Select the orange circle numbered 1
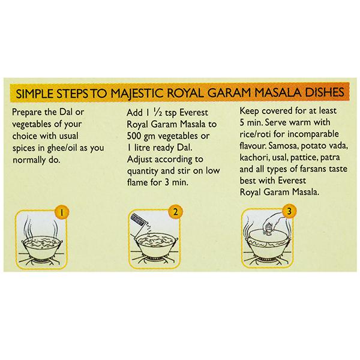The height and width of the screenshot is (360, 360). pos(62,212)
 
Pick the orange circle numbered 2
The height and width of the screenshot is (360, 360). pos(175,211)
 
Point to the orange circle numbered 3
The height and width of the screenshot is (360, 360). pos(289,211)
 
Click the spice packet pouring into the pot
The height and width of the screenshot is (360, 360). pos(137,222)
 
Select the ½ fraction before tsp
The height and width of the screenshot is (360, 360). pos(157,113)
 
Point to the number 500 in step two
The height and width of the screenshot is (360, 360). pos(134,136)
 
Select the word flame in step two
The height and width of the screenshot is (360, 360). pos(137,182)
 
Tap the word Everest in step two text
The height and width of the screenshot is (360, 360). pos(193,113)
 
